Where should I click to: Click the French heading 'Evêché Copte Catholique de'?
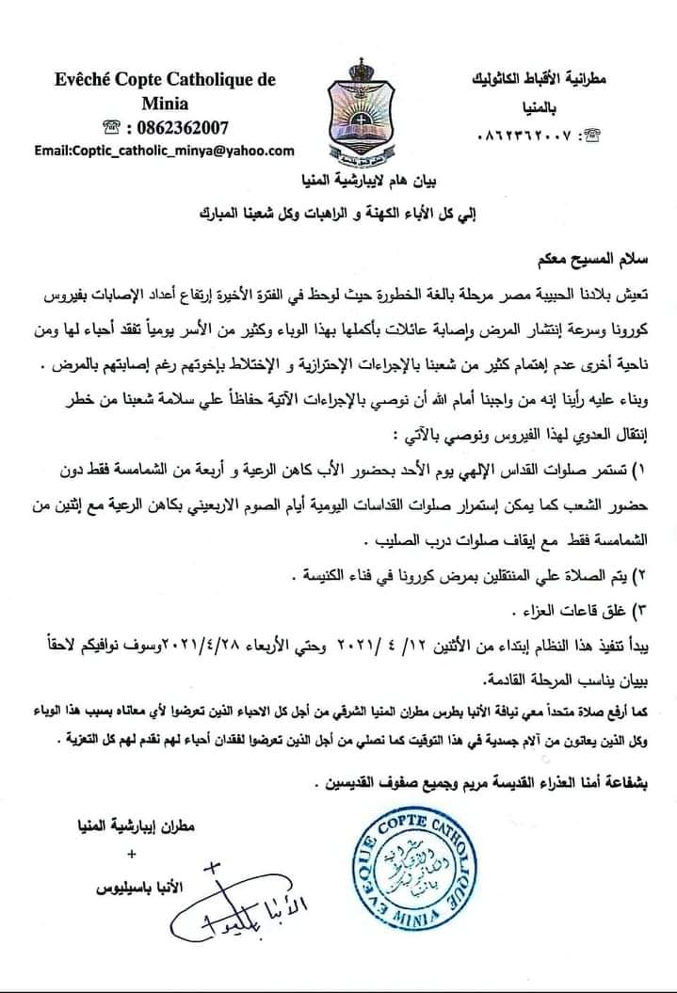pos(166,80)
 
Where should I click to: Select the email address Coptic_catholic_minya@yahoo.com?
pos(164,150)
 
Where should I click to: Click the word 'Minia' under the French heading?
pos(166,104)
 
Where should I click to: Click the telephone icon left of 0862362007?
pos(115,127)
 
